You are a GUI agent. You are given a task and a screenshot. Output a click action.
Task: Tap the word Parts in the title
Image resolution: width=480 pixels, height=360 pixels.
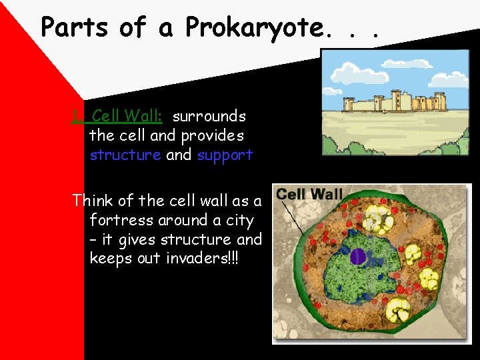click(75, 27)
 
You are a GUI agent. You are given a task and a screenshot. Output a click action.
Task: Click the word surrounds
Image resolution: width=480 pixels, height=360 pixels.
click(209, 116)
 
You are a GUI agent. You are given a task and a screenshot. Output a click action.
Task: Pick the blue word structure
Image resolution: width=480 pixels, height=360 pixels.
click(125, 155)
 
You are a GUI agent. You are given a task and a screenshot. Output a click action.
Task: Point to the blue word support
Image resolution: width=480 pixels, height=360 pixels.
click(225, 155)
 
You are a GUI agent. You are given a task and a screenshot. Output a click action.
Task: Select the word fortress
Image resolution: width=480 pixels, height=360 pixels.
click(118, 219)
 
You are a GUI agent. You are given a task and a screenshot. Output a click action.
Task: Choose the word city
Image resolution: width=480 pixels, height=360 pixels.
click(241, 219)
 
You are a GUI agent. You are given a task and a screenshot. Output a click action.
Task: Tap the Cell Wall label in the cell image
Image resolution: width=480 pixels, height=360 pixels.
click(309, 195)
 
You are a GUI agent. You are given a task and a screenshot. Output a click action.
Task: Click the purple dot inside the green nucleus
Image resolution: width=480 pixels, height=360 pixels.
click(358, 256)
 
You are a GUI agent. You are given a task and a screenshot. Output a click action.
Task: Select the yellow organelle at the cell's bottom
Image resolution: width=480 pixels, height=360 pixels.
click(398, 310)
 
